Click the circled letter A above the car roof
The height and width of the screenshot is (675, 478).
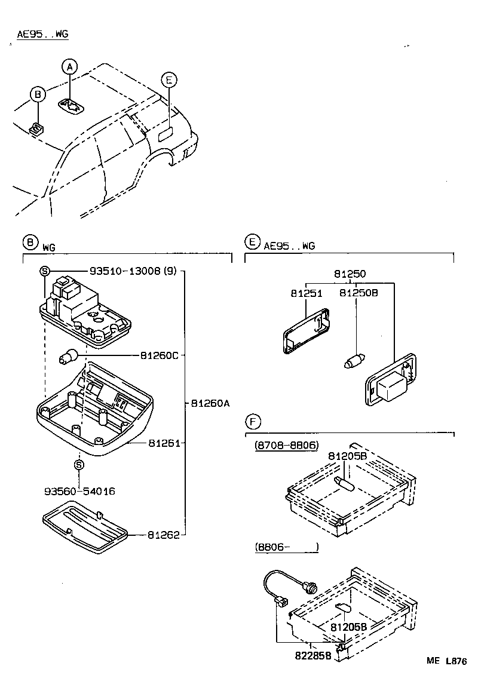pos(70,67)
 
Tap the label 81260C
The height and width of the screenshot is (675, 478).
pos(160,355)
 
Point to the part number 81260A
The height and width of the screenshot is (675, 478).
pos(210,403)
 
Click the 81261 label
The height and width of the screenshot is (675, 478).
pos(164,444)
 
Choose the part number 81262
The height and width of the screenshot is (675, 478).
pos(164,535)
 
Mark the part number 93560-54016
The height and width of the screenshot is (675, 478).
pos(79,491)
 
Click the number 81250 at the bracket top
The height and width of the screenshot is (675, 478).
pos(350,274)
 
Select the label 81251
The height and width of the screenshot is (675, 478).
pos(307,293)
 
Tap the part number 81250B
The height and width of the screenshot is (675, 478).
pos(358,293)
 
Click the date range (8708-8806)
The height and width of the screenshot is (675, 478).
pos(286,446)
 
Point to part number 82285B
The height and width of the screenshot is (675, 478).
pos(312,655)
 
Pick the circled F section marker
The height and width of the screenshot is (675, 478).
pos(253,422)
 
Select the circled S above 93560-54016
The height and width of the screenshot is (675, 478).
pos(79,464)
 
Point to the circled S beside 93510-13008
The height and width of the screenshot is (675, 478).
pos(44,271)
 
